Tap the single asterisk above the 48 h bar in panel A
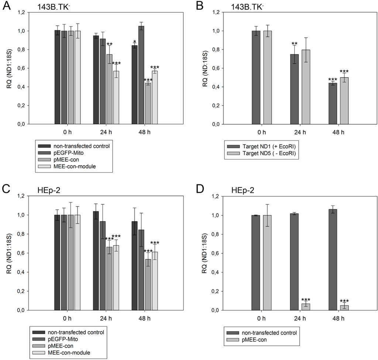pyautogui.click(x=135, y=42)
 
